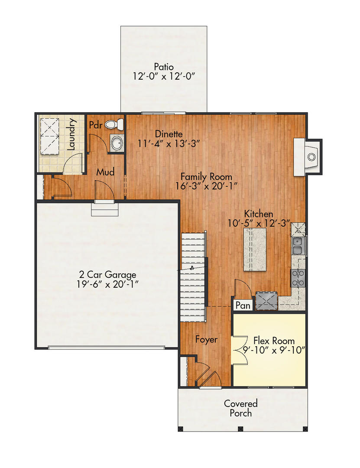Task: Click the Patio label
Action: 164,67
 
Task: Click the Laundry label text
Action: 72,134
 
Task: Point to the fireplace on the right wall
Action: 308,156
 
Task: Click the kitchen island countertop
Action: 255,250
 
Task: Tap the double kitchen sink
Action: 298,246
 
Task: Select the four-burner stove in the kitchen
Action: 298,277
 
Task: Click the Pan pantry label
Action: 243,305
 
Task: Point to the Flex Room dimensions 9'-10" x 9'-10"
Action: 274,350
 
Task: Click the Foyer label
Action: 206,339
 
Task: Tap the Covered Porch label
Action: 240,408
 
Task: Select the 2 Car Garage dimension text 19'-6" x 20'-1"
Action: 107,284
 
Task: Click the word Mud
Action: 105,172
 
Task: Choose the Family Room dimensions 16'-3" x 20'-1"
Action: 206,186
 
